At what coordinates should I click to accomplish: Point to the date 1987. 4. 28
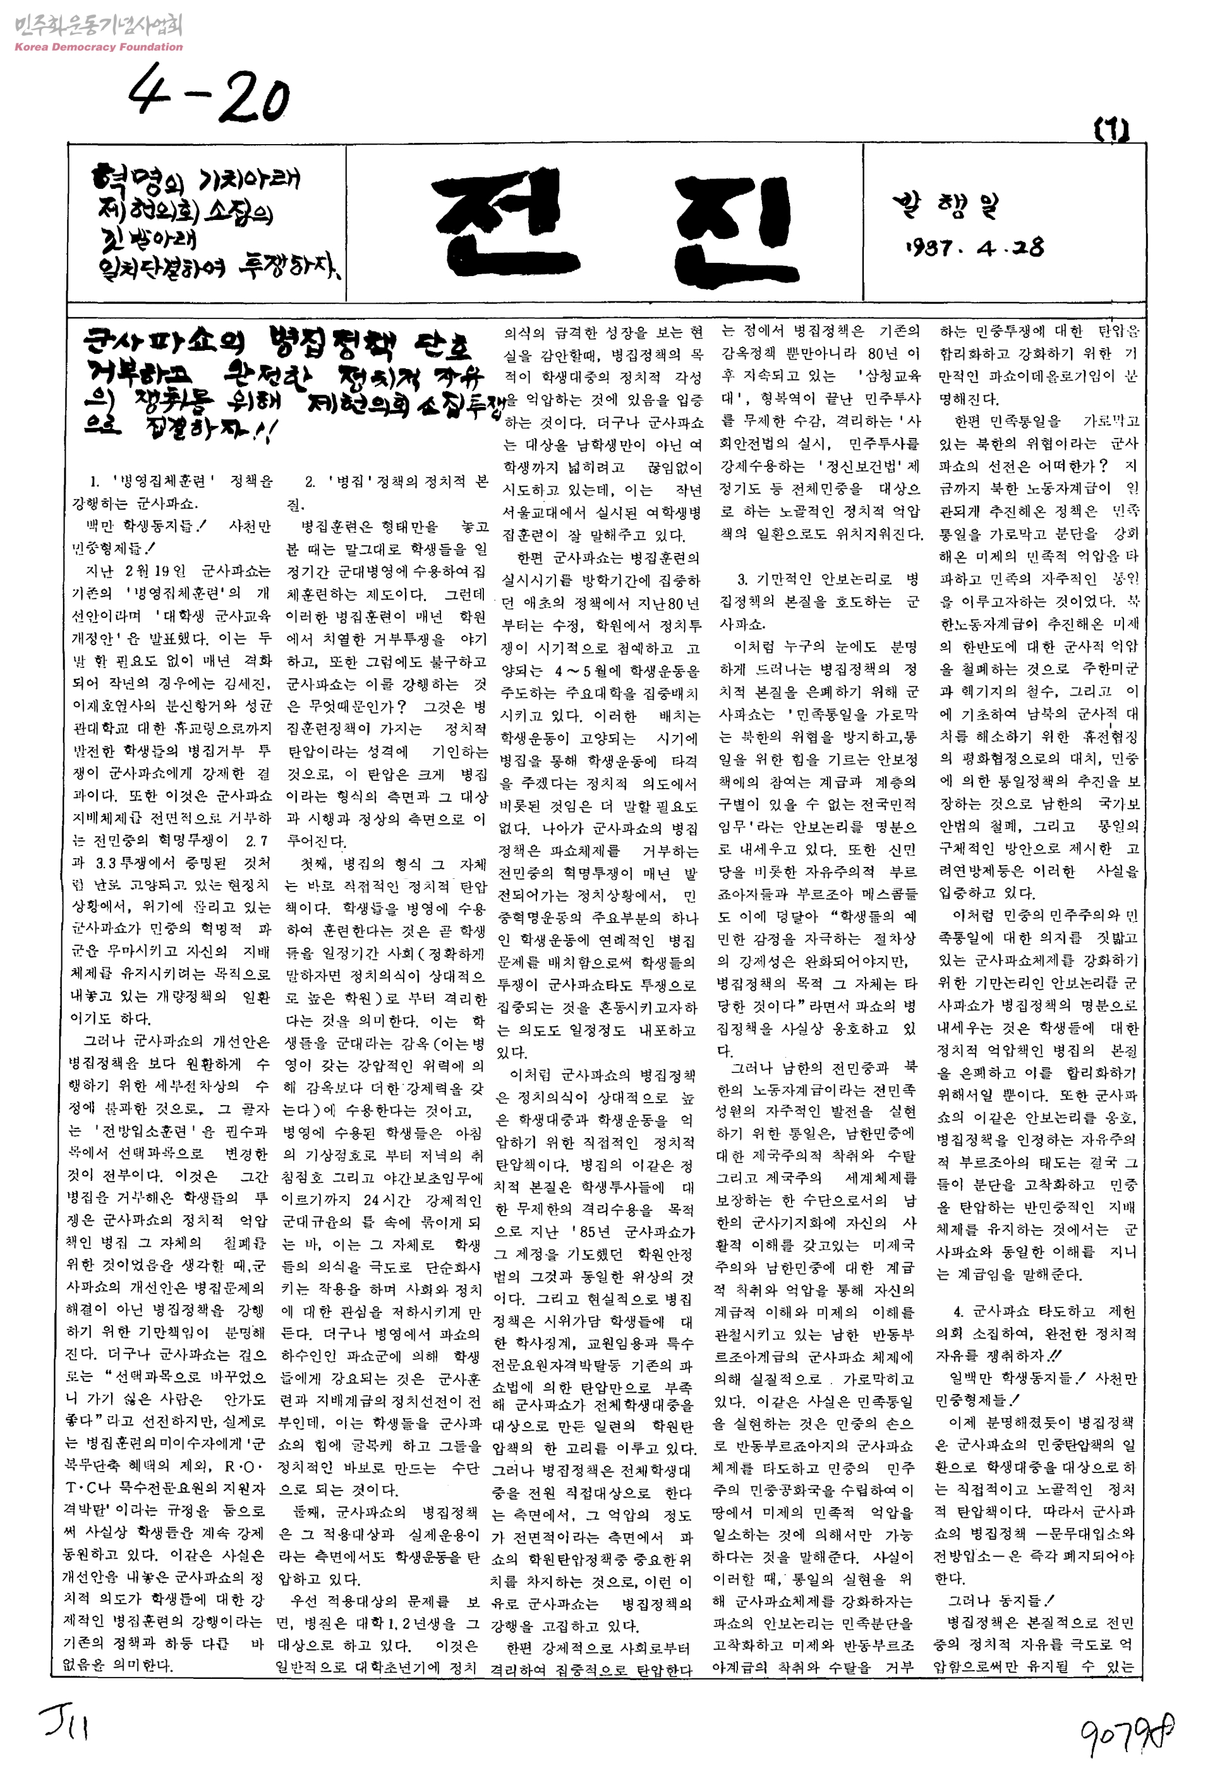point(974,248)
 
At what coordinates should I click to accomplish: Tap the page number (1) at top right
point(1111,131)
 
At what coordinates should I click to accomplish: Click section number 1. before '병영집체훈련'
point(94,481)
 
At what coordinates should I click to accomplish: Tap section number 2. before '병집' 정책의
point(310,481)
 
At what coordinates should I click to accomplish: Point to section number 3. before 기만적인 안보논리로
point(742,579)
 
